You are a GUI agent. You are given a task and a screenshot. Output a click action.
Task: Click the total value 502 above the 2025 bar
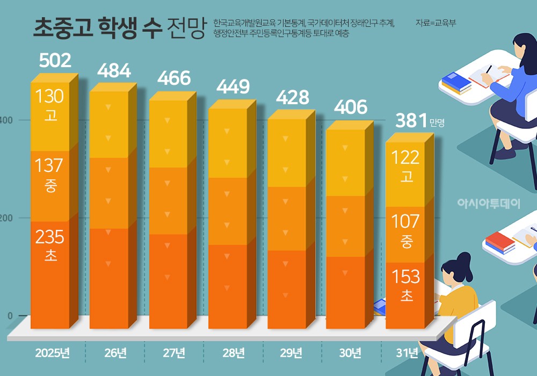pyautogui.click(x=55, y=60)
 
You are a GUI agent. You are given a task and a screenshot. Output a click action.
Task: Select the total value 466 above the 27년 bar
pyautogui.click(x=174, y=78)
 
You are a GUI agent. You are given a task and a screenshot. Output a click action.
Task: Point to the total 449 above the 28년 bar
pyautogui.click(x=233, y=86)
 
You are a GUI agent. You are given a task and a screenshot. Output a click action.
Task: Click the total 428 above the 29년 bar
pyautogui.click(x=292, y=97)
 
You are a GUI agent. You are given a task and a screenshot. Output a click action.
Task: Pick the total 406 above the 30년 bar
pyautogui.click(x=350, y=107)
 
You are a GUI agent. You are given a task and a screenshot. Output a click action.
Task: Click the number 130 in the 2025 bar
pyautogui.click(x=49, y=97)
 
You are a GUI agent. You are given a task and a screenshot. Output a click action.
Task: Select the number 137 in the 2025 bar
pyautogui.click(x=49, y=166)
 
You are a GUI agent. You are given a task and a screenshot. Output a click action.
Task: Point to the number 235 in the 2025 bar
pyautogui.click(x=49, y=237)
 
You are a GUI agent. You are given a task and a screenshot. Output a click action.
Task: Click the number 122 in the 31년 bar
pyautogui.click(x=406, y=158)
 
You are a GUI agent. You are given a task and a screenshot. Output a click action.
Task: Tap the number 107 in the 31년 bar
pyautogui.click(x=406, y=221)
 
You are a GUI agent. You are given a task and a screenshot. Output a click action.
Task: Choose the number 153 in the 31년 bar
pyautogui.click(x=406, y=277)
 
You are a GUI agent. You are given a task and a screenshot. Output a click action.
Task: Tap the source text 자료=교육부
pyautogui.click(x=436, y=23)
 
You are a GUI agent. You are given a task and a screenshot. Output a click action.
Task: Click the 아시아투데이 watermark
pyautogui.click(x=489, y=204)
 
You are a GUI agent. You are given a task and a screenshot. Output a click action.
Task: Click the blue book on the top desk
pyautogui.click(x=455, y=83)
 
